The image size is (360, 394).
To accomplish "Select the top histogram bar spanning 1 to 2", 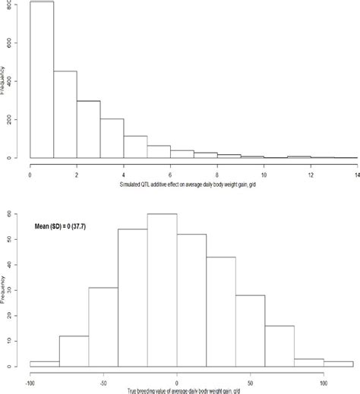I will click(x=65, y=115).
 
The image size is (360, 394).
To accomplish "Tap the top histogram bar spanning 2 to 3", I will click(x=89, y=130).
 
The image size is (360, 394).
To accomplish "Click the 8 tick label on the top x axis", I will click(x=217, y=174).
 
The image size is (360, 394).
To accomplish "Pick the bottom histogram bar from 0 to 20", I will click(x=191, y=300).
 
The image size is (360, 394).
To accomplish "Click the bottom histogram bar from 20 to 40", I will click(x=221, y=311).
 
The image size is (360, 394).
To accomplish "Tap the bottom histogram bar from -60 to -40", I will click(x=103, y=326).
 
